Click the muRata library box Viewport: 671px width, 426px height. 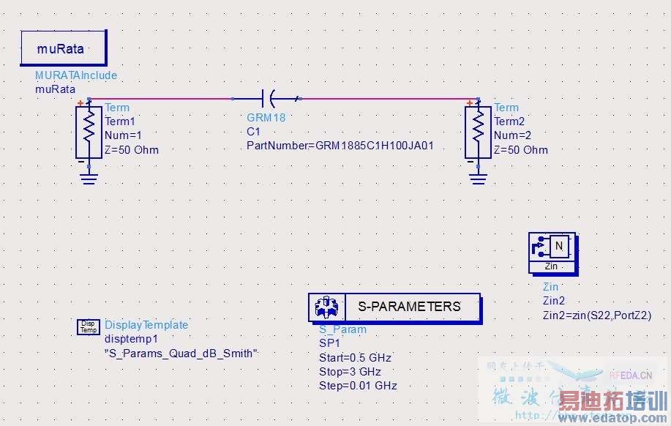coord(64,48)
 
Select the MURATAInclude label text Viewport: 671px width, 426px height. coord(76,75)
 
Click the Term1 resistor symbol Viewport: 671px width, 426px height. coord(89,130)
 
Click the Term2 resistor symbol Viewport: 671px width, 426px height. coord(478,130)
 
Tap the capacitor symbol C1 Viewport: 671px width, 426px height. coord(268,97)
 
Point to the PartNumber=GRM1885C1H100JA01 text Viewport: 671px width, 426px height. coord(340,145)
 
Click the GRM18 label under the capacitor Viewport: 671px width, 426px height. coord(266,117)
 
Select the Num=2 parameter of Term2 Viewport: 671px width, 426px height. coord(511,135)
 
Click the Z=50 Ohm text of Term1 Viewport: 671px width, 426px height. coord(132,150)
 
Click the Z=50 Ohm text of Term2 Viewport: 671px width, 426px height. coord(520,150)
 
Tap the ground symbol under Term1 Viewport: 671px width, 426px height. coord(89,178)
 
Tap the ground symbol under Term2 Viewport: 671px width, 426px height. coord(478,178)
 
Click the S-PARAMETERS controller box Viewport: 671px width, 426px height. coord(395,307)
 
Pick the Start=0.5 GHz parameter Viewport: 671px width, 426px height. coord(355,358)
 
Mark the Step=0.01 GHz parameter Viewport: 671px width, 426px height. coord(358,386)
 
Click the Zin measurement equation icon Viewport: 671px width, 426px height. coord(552,250)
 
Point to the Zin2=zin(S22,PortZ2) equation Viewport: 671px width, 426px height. coord(597,315)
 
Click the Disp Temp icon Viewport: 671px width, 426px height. coord(88,327)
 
